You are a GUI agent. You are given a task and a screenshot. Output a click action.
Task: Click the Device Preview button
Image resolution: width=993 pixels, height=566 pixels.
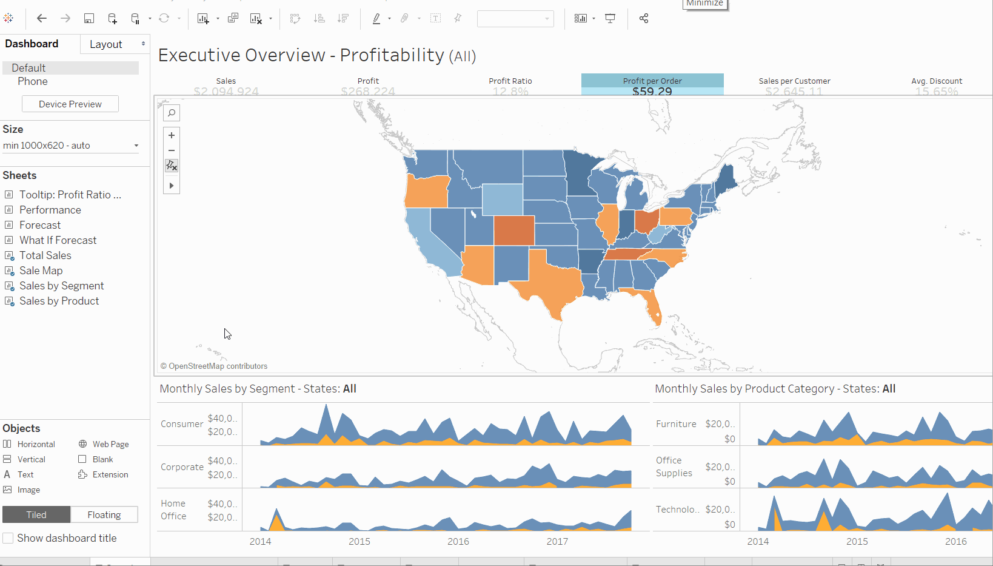coord(70,104)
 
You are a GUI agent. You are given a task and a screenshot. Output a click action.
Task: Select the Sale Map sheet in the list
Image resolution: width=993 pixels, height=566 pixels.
coord(41,271)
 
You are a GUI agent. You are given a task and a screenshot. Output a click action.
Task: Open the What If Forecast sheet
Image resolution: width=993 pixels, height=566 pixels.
coord(58,240)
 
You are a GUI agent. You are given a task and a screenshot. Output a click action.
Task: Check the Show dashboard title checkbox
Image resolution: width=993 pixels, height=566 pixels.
coord(8,538)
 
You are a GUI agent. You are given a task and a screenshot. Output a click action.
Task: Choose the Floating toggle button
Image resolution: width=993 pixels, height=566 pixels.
coord(104,514)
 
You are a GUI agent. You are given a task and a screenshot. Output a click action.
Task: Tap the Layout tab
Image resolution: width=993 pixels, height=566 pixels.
coord(106,44)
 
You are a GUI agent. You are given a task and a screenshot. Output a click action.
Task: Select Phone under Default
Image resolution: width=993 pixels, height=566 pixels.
coord(33,81)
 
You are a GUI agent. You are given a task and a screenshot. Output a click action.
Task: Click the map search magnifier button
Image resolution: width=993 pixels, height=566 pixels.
coord(172,113)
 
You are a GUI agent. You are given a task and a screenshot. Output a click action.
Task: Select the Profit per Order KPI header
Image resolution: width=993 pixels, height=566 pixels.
coord(652,81)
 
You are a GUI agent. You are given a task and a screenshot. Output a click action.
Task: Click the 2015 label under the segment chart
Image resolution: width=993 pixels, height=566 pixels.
coord(359,541)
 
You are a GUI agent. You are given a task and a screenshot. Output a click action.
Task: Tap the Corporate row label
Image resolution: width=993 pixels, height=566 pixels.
coord(182,467)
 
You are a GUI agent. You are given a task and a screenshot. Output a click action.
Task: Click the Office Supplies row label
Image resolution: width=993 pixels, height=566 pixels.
coord(674,467)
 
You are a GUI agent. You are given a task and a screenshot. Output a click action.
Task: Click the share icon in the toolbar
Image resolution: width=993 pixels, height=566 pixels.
coord(644,18)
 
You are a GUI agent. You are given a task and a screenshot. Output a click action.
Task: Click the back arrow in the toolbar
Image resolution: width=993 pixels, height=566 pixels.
coord(42,18)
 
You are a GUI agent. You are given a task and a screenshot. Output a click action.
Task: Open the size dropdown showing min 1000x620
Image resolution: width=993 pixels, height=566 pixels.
coord(71,146)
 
